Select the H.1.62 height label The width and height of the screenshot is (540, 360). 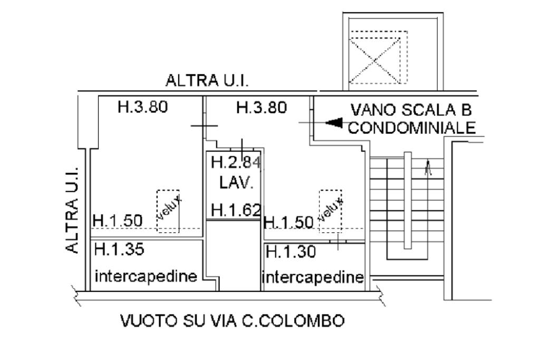236,210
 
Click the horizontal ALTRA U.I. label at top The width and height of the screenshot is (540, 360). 207,81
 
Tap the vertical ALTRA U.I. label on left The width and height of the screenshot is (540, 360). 72,210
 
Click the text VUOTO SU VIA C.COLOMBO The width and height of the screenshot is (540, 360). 232,320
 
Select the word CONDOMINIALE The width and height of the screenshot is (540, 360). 412,128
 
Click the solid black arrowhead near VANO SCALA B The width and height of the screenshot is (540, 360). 334,123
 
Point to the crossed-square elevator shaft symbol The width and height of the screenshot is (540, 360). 378,57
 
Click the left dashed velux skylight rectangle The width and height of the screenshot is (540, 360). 168,211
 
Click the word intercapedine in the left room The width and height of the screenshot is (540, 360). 146,276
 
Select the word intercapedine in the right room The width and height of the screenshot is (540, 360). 313,277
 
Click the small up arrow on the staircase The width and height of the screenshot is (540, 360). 428,168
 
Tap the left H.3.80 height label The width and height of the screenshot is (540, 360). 143,108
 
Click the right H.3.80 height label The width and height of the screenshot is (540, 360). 262,108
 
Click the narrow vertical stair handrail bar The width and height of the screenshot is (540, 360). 408,200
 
